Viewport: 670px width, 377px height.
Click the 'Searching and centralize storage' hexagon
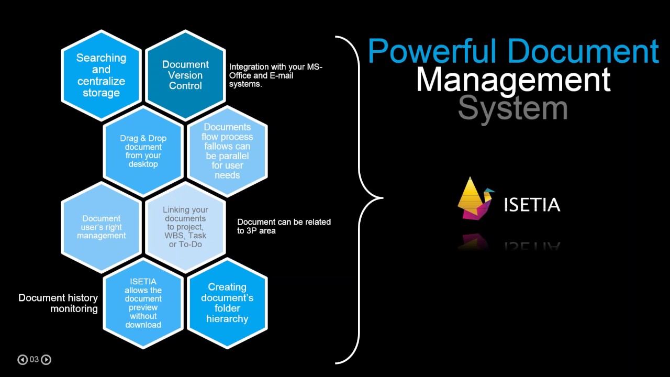click(x=102, y=75)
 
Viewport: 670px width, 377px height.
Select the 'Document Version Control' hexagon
click(x=185, y=75)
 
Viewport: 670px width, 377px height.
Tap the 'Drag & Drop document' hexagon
click(x=143, y=151)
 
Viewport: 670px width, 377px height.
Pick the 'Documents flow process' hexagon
click(x=227, y=151)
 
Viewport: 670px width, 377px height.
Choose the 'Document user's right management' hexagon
click(x=102, y=227)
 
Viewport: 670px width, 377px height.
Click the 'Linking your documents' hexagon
click(x=185, y=227)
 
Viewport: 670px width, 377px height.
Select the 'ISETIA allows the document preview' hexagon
click(x=143, y=303)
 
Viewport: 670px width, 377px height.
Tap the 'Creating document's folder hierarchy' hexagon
click(x=227, y=303)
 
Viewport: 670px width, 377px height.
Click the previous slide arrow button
click(x=23, y=359)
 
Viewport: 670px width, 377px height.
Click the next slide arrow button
click(x=46, y=359)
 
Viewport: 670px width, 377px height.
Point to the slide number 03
click(x=34, y=359)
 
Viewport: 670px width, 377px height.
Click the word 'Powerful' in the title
click(x=432, y=51)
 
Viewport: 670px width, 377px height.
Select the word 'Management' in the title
click(x=513, y=80)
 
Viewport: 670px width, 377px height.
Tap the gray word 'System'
click(x=512, y=108)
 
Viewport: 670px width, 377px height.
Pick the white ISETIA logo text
click(x=532, y=205)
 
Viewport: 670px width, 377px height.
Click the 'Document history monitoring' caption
click(x=58, y=303)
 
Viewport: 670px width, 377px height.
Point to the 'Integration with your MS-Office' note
click(x=276, y=75)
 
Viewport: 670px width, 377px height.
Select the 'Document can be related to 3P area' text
click(x=284, y=226)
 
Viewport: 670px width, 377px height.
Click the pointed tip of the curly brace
click(x=383, y=198)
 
